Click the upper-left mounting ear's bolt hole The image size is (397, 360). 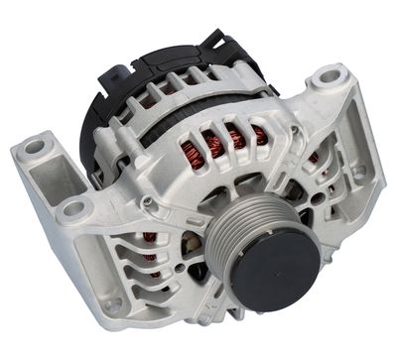click(36, 147)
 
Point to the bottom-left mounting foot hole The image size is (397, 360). click(112, 303)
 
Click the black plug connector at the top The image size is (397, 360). click(212, 44)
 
